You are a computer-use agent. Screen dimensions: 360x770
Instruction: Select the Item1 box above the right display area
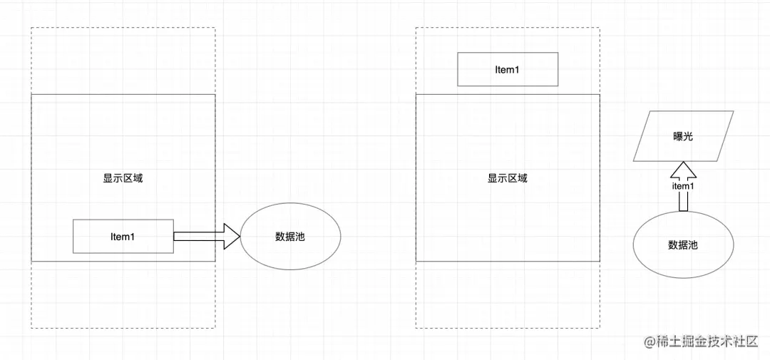click(507, 70)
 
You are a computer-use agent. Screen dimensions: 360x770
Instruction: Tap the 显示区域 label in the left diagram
click(123, 178)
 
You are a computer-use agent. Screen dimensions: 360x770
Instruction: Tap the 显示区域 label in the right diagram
click(507, 178)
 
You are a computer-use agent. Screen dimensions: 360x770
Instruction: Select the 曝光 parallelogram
click(683, 135)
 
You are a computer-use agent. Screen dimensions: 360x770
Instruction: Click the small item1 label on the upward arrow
click(682, 186)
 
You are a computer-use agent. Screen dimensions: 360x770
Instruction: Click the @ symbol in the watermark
click(650, 343)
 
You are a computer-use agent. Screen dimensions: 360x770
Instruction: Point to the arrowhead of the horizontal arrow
click(232, 237)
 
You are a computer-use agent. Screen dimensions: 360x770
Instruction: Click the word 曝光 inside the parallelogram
click(682, 135)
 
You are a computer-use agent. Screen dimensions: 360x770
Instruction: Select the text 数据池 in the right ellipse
click(682, 245)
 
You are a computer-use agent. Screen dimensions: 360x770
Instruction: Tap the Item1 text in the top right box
click(507, 70)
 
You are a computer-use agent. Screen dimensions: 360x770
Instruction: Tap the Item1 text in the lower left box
click(123, 237)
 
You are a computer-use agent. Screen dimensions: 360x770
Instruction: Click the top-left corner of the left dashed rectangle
click(32, 29)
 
